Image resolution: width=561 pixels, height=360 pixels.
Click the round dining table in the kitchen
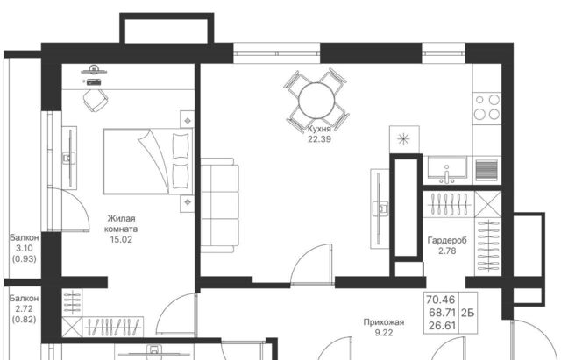[316, 101]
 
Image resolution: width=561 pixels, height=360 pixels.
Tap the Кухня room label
[319, 129]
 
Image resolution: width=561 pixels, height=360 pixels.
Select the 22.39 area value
[319, 139]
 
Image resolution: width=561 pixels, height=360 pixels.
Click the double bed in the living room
[148, 161]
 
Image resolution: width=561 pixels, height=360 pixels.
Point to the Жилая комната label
[121, 223]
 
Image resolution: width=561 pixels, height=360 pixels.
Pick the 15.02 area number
[121, 239]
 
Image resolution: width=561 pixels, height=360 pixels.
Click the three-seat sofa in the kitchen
[219, 205]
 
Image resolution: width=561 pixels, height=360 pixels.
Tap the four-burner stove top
[486, 107]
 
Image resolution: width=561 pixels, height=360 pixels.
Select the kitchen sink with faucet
[447, 170]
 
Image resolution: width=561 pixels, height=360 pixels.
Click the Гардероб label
[447, 241]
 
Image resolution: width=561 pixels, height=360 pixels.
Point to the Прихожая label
[384, 322]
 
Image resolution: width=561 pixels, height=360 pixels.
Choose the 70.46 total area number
[440, 300]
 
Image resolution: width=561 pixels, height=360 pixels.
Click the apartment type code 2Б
[467, 313]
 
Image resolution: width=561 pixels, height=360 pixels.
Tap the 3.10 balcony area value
[25, 248]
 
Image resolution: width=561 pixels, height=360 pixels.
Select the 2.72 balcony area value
[25, 309]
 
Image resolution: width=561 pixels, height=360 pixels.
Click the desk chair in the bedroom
[95, 99]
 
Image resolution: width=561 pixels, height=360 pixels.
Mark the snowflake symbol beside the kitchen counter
[403, 139]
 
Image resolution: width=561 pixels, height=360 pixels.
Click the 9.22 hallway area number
[384, 333]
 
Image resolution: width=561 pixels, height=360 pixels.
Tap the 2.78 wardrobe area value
[447, 251]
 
